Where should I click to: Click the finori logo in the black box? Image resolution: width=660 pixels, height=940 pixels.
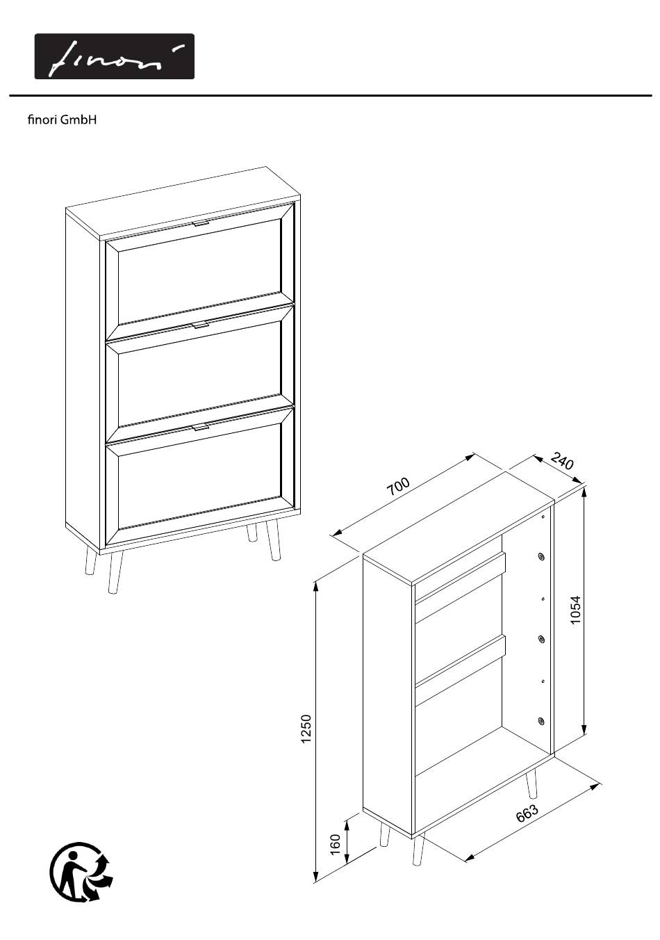[114, 56]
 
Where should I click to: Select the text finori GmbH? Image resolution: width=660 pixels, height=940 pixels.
[62, 120]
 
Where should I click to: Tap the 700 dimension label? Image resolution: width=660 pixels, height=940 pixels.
[397, 487]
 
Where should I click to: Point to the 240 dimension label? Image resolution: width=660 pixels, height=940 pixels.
[562, 461]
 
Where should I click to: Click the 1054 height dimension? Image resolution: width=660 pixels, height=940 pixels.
[576, 610]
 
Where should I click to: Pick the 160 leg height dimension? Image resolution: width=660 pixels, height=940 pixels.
[335, 845]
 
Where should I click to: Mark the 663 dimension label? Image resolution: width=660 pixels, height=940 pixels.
[527, 813]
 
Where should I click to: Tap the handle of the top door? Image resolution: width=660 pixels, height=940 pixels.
[201, 222]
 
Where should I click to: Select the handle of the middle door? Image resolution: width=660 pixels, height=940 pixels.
[201, 325]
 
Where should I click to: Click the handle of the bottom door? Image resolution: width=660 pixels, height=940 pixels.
[201, 427]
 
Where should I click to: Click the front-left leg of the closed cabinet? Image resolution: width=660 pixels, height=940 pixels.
[114, 572]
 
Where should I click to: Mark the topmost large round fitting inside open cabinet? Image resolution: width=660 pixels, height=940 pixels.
[541, 557]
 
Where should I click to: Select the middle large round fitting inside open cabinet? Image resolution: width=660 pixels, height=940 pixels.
[541, 639]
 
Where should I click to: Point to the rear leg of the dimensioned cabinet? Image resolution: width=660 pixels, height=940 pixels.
[531, 781]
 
